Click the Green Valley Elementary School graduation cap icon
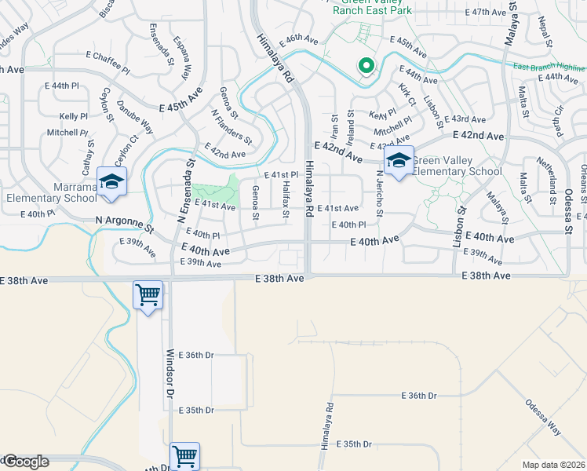tap(399, 162)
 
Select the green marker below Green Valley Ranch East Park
tap(366, 67)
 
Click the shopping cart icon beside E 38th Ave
tap(148, 296)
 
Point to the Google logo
tap(25, 462)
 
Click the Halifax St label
tap(286, 203)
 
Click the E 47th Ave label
tap(487, 13)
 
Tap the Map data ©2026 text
tap(553, 465)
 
